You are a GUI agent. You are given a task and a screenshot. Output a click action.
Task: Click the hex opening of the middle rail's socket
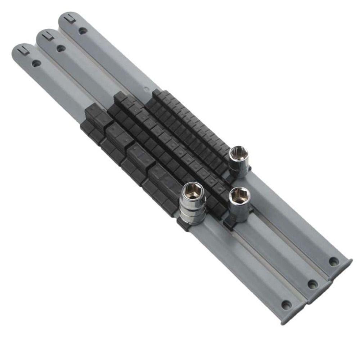pos(240,195)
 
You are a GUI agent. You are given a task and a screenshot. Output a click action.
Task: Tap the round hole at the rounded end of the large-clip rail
pos(36,64)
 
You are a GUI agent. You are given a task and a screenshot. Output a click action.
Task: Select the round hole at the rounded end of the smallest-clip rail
pos(83,31)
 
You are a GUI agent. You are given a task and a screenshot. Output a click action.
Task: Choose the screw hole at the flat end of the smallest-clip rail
pos(333,262)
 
